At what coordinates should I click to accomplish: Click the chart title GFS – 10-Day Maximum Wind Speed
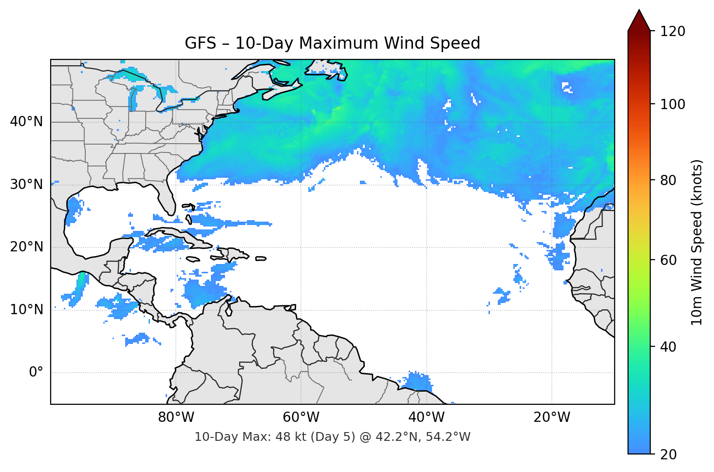(332, 43)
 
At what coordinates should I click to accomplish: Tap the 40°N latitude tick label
(26, 121)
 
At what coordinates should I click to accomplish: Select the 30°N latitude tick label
(26, 185)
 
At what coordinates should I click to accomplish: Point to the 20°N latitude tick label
(26, 247)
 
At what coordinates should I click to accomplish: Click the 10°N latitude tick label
(26, 310)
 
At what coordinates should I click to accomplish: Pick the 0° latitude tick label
(36, 373)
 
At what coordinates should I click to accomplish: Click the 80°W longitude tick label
(176, 417)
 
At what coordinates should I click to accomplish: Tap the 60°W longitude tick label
(301, 417)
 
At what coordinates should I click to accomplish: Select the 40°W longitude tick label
(426, 417)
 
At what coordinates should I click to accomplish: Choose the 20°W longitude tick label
(551, 417)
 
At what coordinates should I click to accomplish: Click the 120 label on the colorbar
(672, 31)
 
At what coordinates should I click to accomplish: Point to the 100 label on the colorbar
(672, 104)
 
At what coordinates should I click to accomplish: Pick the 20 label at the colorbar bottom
(669, 454)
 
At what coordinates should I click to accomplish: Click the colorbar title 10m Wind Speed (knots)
(697, 242)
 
